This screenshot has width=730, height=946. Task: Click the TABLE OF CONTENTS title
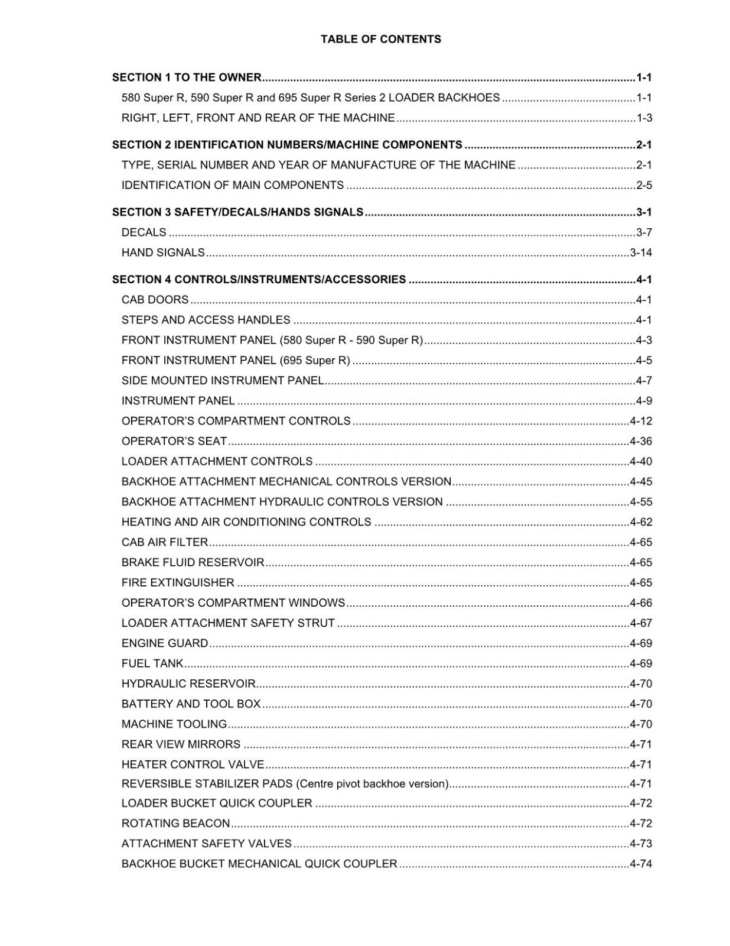(380, 39)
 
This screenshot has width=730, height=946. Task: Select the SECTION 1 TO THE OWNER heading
(187, 77)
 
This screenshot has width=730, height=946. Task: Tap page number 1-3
(644, 118)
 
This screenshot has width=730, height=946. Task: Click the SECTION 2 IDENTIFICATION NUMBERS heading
(287, 145)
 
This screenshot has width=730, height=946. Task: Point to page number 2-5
(644, 185)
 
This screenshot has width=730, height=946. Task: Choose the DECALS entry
(144, 232)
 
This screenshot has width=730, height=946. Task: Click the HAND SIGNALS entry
(163, 252)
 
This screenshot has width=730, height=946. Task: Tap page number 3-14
(641, 252)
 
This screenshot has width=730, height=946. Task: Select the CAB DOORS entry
(155, 300)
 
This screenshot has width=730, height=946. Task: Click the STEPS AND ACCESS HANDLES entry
(206, 320)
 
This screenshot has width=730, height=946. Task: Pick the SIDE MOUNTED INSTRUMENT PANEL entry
(222, 380)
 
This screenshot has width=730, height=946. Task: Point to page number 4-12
(641, 421)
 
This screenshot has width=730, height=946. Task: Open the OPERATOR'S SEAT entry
(174, 441)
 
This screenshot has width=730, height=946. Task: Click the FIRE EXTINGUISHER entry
(178, 582)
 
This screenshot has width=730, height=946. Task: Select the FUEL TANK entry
(152, 663)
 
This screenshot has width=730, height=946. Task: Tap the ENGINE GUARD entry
(165, 643)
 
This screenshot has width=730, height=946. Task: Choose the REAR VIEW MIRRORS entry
(181, 744)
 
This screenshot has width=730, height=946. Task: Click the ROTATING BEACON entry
(175, 823)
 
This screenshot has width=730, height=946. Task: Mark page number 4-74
(641, 864)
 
